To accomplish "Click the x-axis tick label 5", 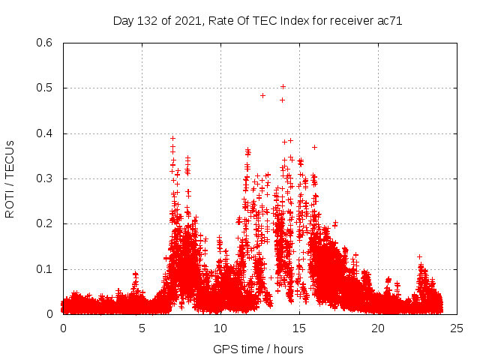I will coord(142,328).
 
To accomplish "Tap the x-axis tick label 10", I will coord(220,328).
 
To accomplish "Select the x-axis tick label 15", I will coord(299,328).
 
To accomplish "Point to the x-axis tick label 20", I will coord(378,328).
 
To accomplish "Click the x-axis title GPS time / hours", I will coord(259,349).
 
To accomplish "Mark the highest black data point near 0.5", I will coord(283,86).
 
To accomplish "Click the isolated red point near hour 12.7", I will coord(262,95).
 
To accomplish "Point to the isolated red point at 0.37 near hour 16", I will coord(314,147).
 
